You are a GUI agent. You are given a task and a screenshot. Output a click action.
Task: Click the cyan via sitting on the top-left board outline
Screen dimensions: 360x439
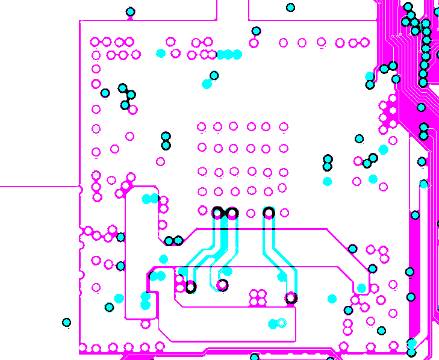(x=131, y=12)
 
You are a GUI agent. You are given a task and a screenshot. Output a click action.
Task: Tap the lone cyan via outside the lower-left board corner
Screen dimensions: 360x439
(x=66, y=323)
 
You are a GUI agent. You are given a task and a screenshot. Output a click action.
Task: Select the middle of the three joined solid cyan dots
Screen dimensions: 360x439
(x=229, y=55)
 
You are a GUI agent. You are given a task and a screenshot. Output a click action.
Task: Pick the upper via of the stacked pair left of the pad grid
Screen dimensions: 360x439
(x=166, y=136)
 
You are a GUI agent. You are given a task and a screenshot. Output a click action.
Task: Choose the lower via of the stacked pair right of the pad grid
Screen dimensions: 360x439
(x=328, y=166)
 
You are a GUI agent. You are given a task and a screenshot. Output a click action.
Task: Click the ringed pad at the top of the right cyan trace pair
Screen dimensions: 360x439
(x=269, y=212)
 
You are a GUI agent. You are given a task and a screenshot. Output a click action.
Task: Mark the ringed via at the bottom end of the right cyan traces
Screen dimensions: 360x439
(x=291, y=297)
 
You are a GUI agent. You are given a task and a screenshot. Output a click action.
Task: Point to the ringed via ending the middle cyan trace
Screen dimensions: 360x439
(x=222, y=285)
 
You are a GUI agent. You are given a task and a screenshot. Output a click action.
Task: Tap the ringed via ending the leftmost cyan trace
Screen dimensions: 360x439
(x=190, y=287)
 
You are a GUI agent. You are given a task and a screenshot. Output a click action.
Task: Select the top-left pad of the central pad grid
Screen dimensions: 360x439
(x=202, y=127)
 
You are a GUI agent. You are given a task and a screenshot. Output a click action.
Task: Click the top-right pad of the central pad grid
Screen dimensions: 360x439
(x=283, y=126)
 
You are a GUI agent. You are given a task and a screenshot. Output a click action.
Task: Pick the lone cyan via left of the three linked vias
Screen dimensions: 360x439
(x=105, y=93)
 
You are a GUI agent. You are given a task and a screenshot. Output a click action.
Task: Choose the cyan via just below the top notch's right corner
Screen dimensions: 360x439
(x=257, y=31)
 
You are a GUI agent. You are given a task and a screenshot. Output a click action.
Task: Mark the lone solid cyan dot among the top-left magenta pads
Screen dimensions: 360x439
(x=161, y=54)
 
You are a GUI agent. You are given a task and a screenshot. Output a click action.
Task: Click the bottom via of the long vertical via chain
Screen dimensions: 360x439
(x=423, y=82)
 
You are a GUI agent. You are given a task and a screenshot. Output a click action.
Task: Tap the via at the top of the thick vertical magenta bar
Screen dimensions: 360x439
(x=415, y=215)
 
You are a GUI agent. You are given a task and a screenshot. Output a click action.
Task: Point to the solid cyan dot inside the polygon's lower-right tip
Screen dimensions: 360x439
(x=361, y=288)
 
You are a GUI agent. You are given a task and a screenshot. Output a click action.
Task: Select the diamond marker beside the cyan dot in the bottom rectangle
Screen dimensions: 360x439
(x=281, y=323)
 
